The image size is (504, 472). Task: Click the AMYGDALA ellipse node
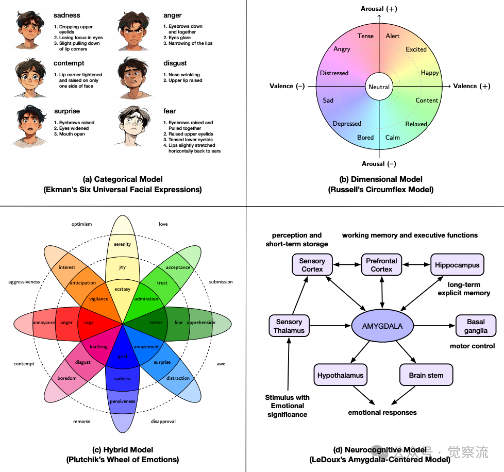382,326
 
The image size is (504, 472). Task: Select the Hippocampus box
457,265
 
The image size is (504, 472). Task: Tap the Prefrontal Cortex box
381,265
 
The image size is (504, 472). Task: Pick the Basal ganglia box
476,326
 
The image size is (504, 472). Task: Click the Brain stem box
426,375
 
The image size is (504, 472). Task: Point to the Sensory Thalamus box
289,326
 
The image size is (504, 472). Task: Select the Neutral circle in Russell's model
379,87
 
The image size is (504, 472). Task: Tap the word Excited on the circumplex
416,49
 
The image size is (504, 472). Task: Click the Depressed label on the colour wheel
347,124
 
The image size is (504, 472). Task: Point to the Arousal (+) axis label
379,9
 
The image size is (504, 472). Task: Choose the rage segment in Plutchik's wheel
89,323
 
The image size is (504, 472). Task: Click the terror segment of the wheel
156,323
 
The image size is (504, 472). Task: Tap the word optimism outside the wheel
81,224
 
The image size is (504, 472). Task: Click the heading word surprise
67,111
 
